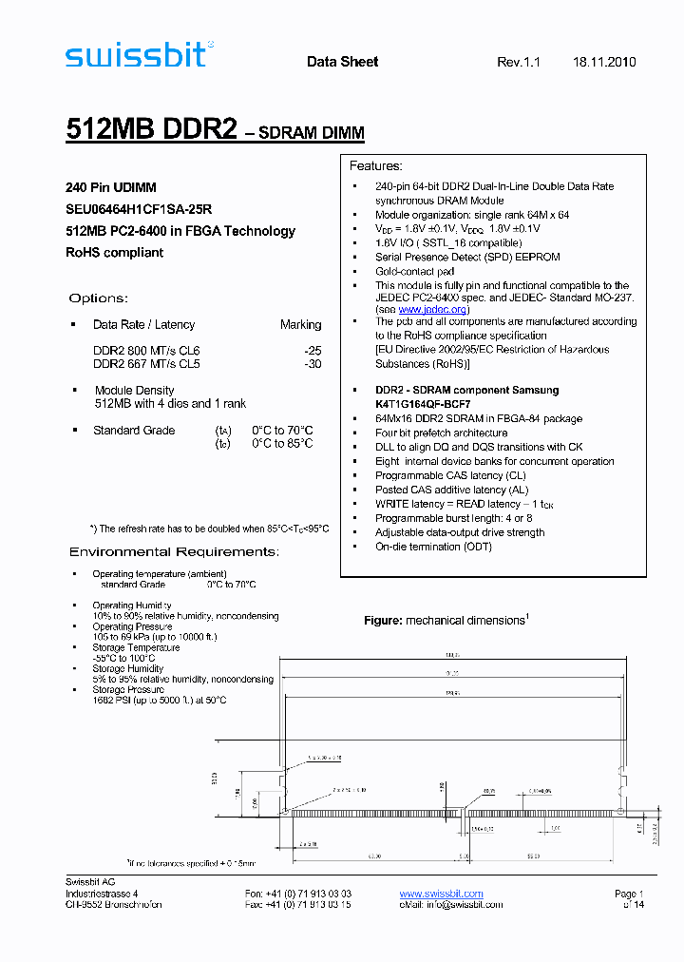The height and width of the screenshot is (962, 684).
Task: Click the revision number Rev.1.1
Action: pyautogui.click(x=518, y=62)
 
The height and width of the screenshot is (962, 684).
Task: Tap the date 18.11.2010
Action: pyautogui.click(x=604, y=62)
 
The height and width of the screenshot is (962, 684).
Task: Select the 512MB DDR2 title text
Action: pyautogui.click(x=151, y=130)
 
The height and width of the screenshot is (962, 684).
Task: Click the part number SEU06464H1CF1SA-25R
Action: pyautogui.click(x=139, y=209)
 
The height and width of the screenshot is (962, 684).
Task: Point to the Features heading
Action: pyautogui.click(x=376, y=165)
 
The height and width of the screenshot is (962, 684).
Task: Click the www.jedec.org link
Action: pyautogui.click(x=432, y=309)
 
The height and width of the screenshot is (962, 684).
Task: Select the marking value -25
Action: pyautogui.click(x=313, y=351)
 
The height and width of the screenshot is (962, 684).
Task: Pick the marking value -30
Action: pyautogui.click(x=313, y=363)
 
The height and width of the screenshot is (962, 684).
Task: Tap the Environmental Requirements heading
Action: pyautogui.click(x=174, y=552)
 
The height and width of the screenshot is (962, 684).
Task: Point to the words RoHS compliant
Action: pyautogui.click(x=114, y=253)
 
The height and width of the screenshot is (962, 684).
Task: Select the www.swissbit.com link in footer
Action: pyautogui.click(x=441, y=894)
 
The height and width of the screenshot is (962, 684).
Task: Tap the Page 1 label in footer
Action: pyautogui.click(x=629, y=894)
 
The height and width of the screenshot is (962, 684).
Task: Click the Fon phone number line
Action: pyautogui.click(x=297, y=894)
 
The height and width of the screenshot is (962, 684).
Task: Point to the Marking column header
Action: pyautogui.click(x=300, y=324)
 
